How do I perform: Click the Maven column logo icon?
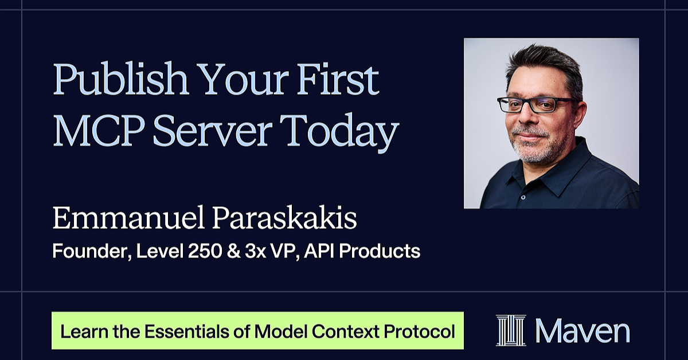coord(511,331)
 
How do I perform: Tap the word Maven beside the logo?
coord(583,331)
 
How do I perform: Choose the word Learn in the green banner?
coord(78,331)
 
